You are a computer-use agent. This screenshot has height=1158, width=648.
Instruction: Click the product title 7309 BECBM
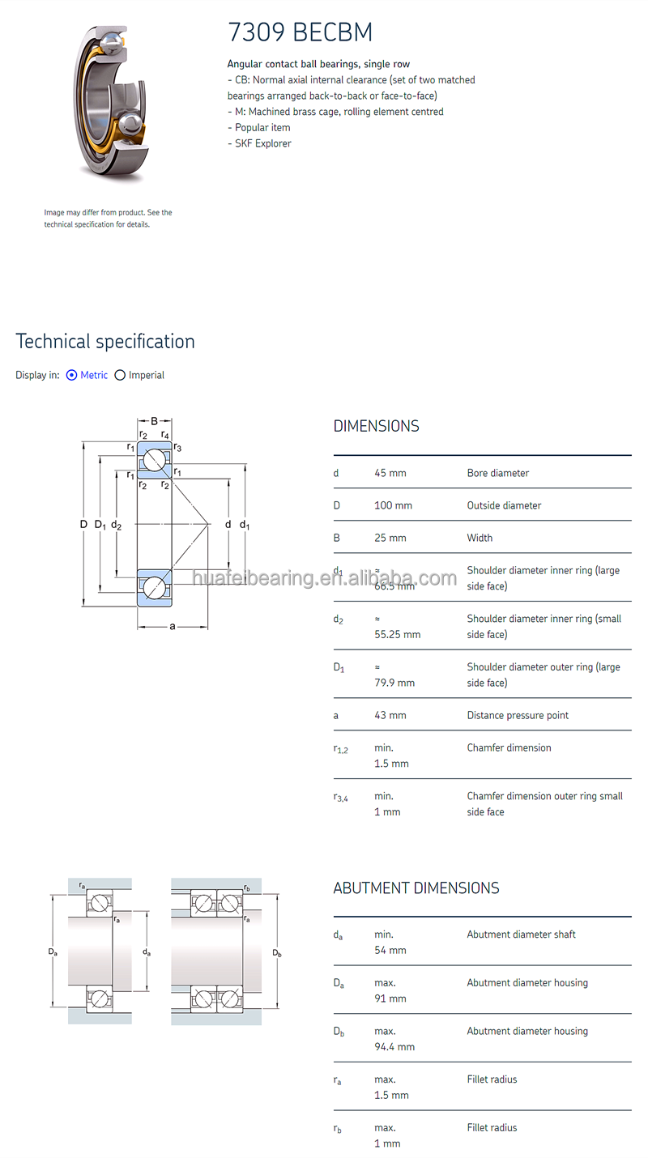[x=300, y=32]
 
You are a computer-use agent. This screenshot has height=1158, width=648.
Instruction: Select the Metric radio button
[x=72, y=375]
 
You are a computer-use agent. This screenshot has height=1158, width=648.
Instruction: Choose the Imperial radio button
[x=121, y=375]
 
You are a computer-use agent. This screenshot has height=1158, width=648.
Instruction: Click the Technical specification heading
[x=105, y=342]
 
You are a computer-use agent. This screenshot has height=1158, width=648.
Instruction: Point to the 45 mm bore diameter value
[x=390, y=473]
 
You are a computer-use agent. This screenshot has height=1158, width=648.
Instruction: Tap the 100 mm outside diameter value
[x=393, y=505]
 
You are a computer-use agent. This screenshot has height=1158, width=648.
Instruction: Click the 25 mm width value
[x=390, y=538]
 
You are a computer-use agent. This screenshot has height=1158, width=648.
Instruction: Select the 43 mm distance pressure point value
[x=390, y=715]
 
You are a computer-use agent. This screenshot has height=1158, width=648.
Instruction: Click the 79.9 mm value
[x=394, y=683]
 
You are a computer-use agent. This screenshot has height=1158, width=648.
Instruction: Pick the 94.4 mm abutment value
[x=394, y=1047]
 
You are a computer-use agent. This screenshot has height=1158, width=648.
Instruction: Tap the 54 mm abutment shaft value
[x=390, y=950]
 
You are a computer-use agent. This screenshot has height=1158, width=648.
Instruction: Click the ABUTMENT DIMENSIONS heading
[x=416, y=888]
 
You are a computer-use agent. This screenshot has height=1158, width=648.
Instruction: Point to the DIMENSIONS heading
[x=377, y=426]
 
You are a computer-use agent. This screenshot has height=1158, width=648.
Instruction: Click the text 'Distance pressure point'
[x=518, y=715]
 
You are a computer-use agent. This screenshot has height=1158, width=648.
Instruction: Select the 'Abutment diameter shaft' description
[x=521, y=934]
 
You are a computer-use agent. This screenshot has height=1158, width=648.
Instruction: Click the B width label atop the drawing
[x=154, y=421]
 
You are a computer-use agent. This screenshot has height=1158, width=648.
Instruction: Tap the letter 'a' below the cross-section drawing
[x=173, y=626]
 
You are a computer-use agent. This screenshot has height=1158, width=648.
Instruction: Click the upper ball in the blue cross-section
[x=155, y=461]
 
